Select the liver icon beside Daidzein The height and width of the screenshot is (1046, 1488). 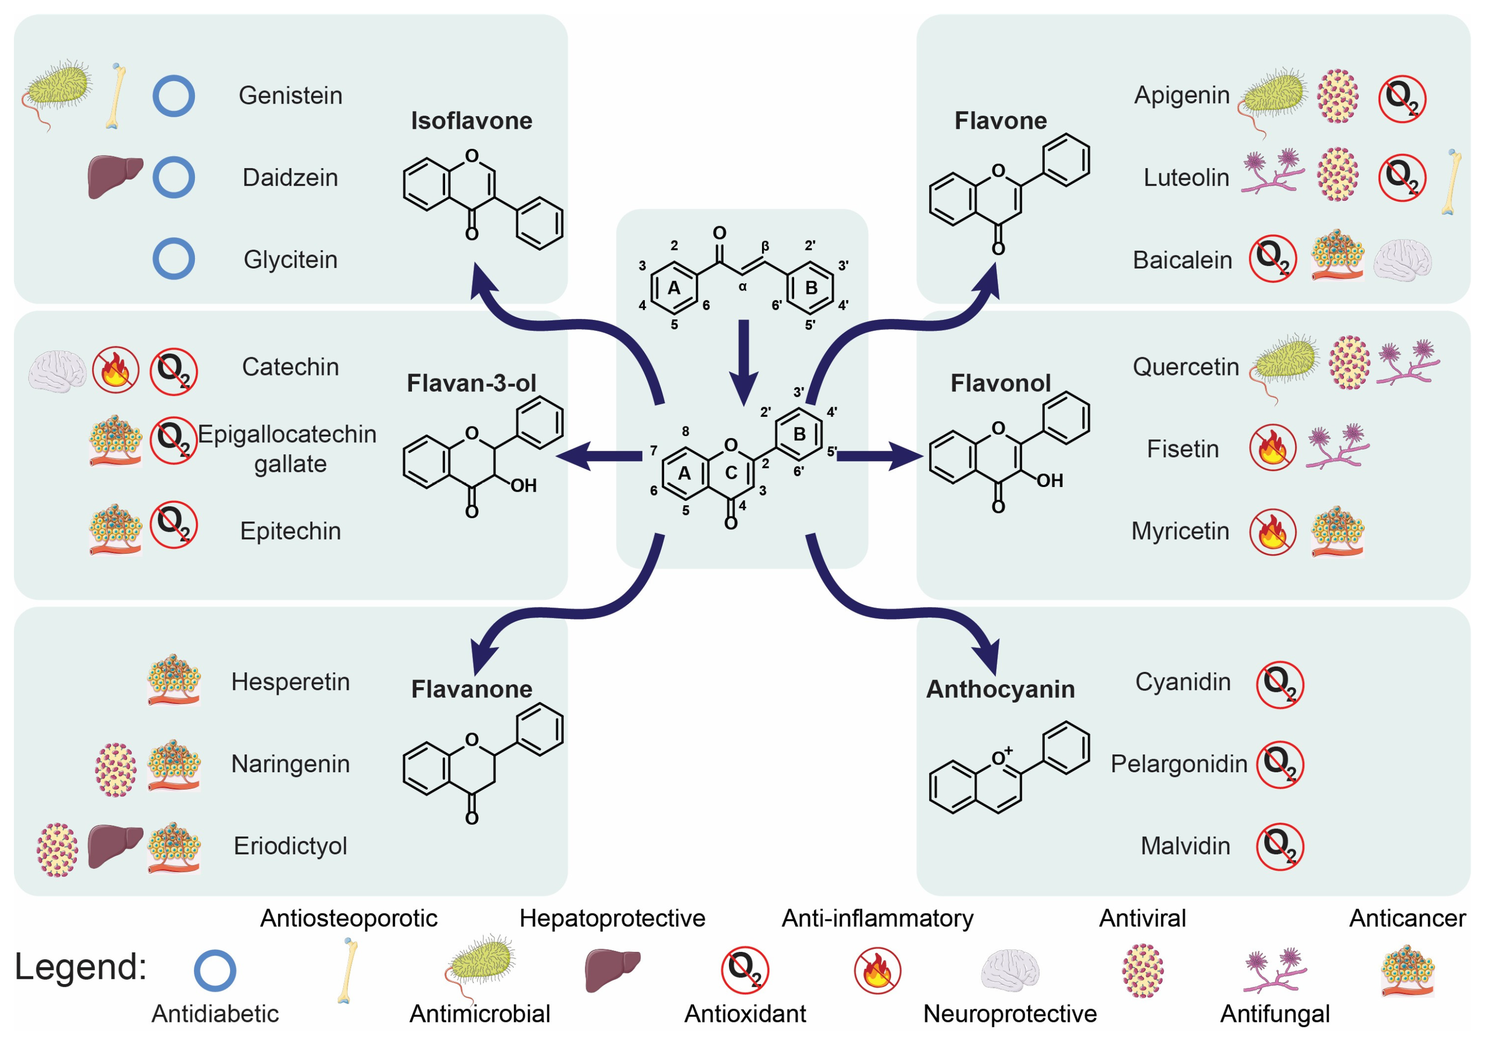click(114, 176)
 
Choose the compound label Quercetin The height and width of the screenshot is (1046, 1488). click(1186, 367)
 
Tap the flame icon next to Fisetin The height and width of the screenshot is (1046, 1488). click(1272, 447)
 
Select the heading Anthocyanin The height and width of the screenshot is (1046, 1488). click(1000, 689)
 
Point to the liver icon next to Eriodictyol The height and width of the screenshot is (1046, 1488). click(115, 845)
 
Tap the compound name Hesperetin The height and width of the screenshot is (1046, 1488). click(290, 682)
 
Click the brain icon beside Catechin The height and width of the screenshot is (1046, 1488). click(57, 371)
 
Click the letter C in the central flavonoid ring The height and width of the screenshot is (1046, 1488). click(731, 473)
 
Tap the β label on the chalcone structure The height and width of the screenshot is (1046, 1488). click(765, 246)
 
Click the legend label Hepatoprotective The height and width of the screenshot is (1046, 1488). click(612, 918)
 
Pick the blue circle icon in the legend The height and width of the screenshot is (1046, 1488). click(215, 970)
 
